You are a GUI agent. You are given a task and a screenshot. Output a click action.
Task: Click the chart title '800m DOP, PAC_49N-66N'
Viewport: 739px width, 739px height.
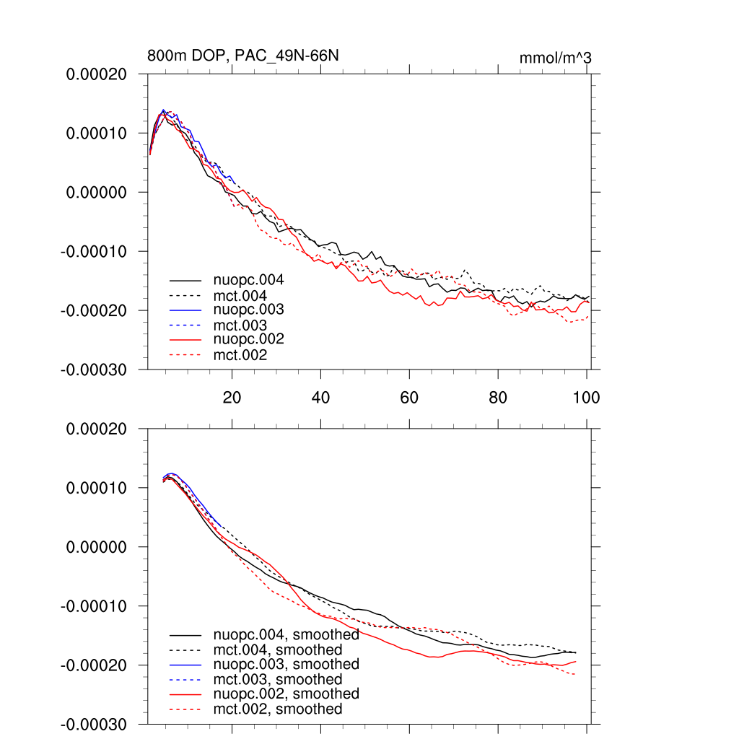tap(242, 56)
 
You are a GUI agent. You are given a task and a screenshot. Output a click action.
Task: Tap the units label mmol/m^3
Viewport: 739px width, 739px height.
tap(555, 58)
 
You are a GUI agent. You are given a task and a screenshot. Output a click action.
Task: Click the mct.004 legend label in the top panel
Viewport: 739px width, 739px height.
tap(240, 295)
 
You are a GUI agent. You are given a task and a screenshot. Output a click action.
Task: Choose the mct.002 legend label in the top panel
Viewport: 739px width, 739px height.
tap(240, 355)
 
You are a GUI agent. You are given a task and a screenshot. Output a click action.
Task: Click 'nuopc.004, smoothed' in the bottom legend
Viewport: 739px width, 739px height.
tap(286, 635)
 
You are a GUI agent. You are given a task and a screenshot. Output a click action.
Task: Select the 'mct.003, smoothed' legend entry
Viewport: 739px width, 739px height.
tap(278, 679)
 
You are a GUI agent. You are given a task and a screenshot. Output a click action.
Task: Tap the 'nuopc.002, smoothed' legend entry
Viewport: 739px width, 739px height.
tap(286, 694)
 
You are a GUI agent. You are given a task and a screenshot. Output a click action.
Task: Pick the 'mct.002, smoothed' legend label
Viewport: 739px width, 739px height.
tap(278, 709)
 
